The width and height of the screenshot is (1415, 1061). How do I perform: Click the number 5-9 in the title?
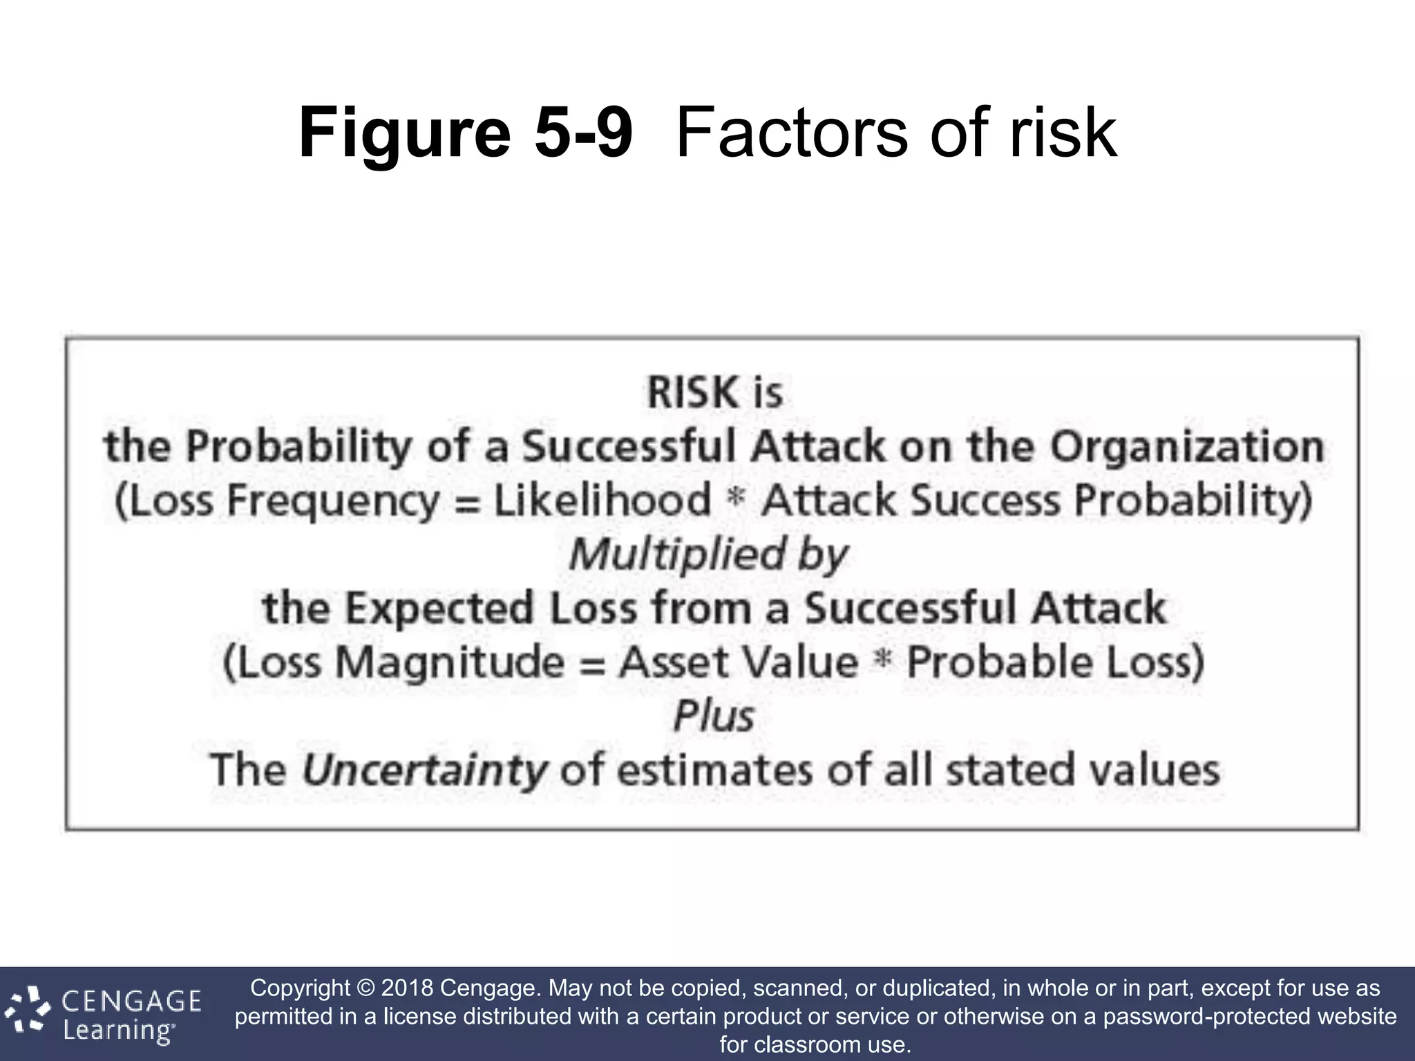[583, 133]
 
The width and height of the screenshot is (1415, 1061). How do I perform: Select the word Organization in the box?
[1187, 447]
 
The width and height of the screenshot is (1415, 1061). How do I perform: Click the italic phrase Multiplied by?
[708, 554]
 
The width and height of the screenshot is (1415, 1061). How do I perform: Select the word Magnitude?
[450, 662]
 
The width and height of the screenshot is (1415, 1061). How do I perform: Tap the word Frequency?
[332, 501]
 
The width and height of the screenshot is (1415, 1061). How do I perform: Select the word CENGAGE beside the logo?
[132, 1001]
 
